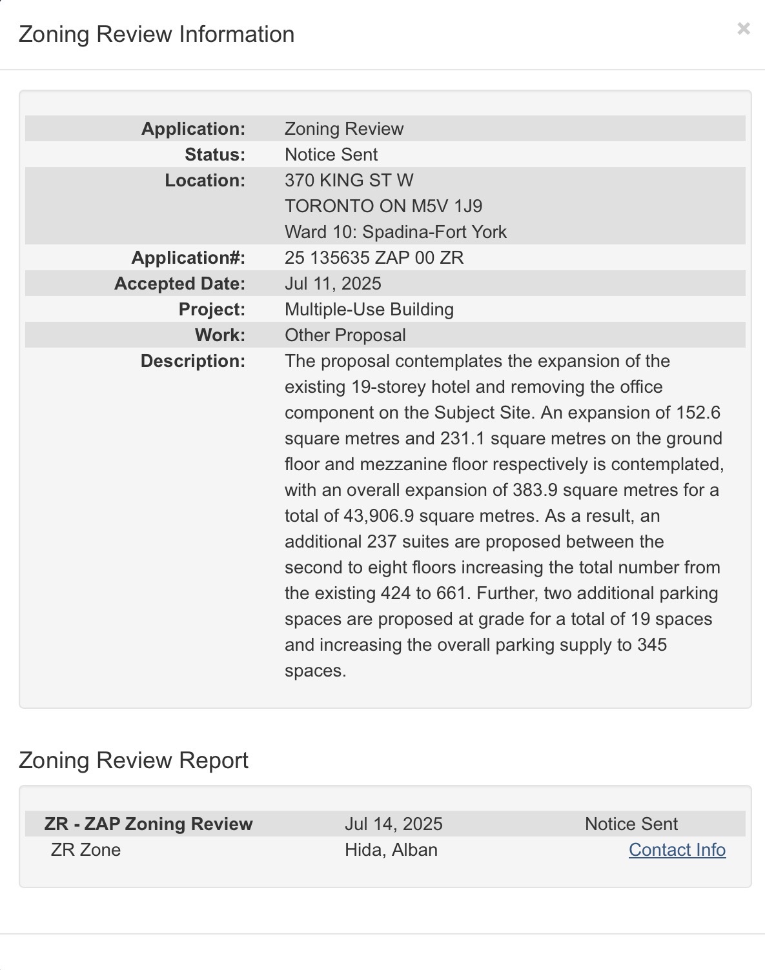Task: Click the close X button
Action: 744,28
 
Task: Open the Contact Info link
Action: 677,850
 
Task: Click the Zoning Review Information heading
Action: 156,34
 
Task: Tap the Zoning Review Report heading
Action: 133,760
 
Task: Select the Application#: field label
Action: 188,258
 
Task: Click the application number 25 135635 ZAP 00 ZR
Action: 374,258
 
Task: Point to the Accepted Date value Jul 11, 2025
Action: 332,284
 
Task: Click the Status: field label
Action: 214,155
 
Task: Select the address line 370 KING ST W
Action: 349,181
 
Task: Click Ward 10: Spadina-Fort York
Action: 395,232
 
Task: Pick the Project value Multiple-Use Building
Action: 369,310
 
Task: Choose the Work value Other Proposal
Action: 345,335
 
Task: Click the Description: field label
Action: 192,361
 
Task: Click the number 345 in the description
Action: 652,645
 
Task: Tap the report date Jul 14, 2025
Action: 393,824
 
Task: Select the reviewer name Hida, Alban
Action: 391,850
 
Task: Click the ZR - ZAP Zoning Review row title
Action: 148,824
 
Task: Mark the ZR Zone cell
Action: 85,850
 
